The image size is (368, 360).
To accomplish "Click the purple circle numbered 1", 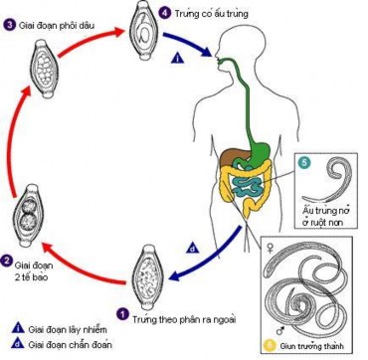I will coord(123,312).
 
